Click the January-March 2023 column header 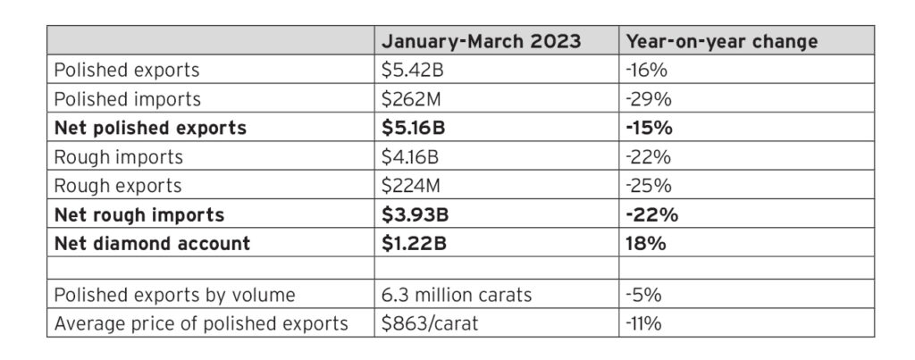tap(481, 41)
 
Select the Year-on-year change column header tap(721, 41)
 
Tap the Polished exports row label tap(127, 70)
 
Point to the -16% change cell tap(646, 70)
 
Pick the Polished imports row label tap(127, 99)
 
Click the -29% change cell tap(649, 99)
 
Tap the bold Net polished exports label tap(150, 128)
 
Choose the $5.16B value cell tap(413, 128)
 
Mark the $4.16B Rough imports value tap(409, 157)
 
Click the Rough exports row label tap(118, 186)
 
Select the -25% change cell tap(649, 186)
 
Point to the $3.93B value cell tap(415, 214)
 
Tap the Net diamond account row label tap(152, 243)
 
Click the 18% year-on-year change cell tap(646, 243)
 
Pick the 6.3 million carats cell tap(457, 295)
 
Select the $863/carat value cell tap(430, 323)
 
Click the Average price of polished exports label tap(201, 324)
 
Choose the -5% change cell tap(643, 295)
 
